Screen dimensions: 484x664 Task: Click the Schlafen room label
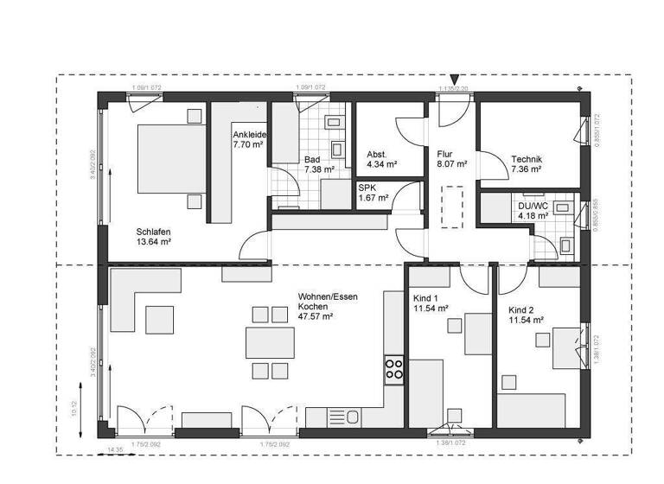click(153, 232)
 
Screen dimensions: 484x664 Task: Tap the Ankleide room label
click(250, 135)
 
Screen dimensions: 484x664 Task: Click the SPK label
click(367, 187)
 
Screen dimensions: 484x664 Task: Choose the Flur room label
click(444, 152)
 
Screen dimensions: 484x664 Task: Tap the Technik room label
click(527, 159)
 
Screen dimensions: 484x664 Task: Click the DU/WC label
click(533, 206)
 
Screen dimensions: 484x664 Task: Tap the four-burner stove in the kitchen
click(394, 369)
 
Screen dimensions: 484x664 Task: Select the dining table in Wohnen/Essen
click(269, 342)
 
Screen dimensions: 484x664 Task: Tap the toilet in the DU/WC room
click(567, 245)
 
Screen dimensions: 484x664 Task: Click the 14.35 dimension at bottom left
click(115, 450)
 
